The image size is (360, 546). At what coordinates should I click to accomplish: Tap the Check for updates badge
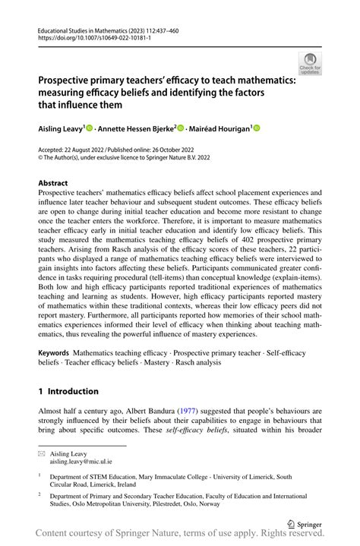click(310, 64)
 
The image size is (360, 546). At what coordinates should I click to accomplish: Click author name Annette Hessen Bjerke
click(137, 129)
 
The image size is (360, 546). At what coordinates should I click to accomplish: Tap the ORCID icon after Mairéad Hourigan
click(256, 129)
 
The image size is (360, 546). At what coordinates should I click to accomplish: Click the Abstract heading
click(53, 183)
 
